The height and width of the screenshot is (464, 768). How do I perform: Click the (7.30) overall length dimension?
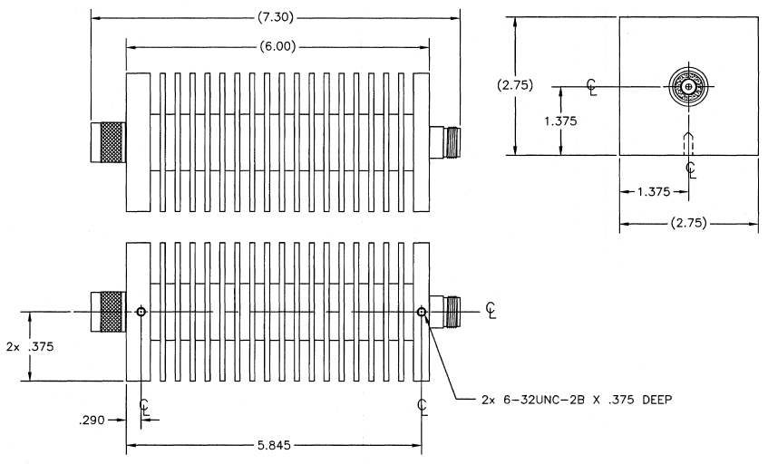tap(276, 17)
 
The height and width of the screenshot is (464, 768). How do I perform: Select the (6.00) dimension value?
tap(277, 46)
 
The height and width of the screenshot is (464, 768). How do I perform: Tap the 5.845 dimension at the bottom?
tap(274, 445)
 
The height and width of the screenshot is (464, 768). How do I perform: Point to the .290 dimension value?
tap(92, 420)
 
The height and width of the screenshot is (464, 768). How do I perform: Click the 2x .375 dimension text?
tap(30, 346)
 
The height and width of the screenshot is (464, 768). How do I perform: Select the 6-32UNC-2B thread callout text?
tap(577, 400)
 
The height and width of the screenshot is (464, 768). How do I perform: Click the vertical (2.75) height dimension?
tap(515, 85)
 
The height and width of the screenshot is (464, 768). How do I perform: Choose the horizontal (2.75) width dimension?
tap(688, 223)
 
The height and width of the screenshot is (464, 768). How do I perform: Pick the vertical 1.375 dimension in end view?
tap(560, 121)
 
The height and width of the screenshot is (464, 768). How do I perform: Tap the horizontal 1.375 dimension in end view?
tap(654, 192)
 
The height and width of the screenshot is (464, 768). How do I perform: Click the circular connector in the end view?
tap(688, 87)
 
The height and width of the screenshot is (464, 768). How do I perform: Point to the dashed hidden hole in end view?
tap(688, 144)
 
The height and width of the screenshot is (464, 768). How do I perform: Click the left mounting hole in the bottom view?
tap(141, 312)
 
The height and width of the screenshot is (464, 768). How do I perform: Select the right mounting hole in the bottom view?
tap(422, 312)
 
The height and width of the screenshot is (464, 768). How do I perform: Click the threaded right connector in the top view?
tap(444, 142)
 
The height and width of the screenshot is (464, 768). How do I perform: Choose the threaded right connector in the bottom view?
tap(444, 312)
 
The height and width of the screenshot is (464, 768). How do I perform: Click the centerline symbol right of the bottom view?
tap(491, 310)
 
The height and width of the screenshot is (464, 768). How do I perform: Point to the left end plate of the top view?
tap(138, 142)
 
